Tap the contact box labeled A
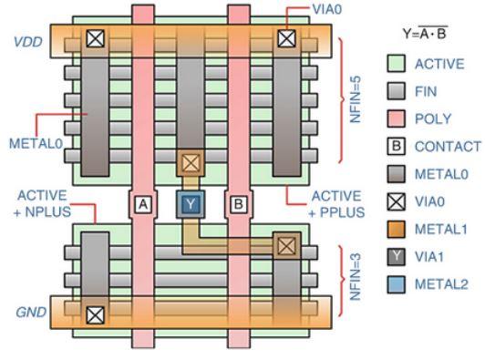coord(142,204)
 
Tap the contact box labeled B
coord(239,204)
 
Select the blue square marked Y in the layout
coord(190,204)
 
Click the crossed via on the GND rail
coord(94,315)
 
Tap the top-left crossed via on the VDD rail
coord(94,39)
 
